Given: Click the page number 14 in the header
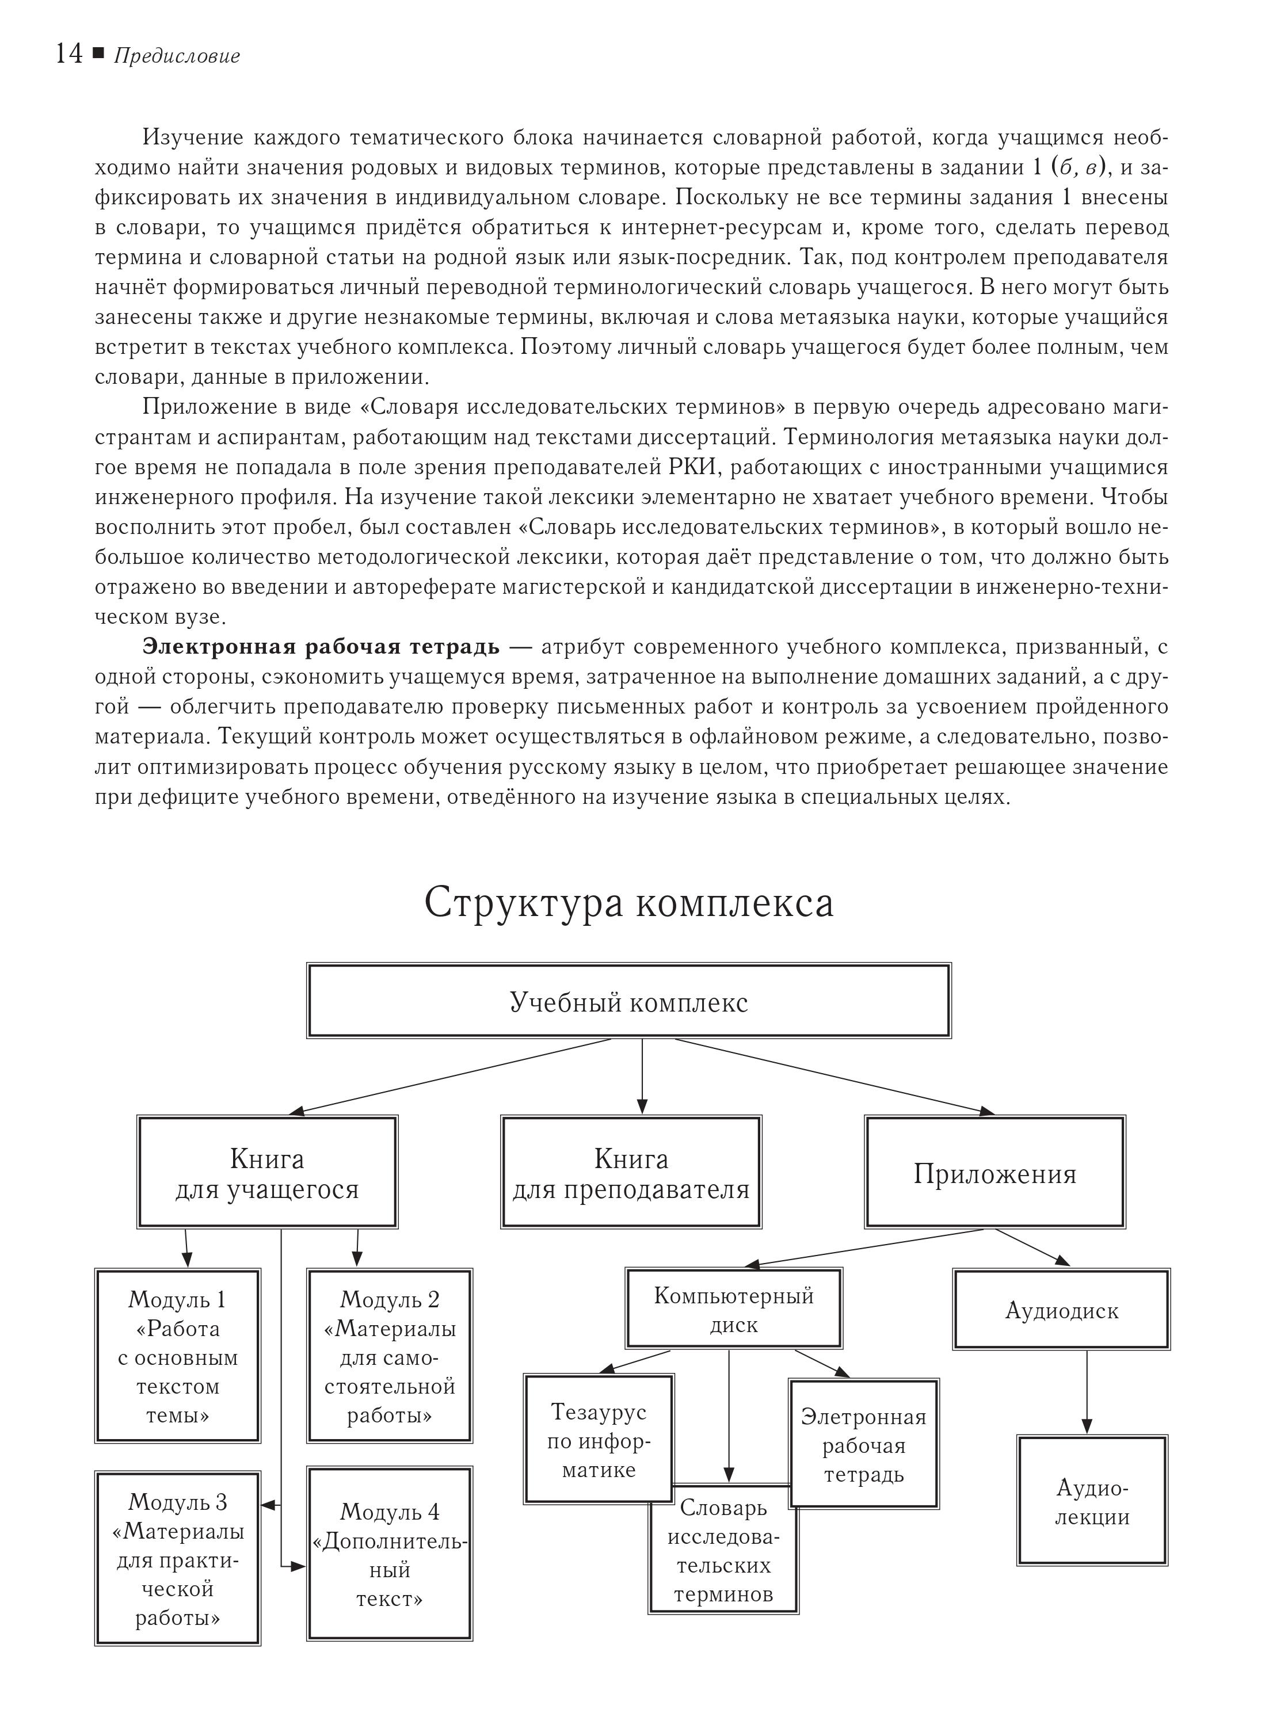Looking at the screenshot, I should point(68,55).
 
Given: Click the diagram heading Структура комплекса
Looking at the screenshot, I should point(628,903).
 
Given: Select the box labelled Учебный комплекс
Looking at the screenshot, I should point(628,1001).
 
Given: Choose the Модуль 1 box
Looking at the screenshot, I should point(178,1356).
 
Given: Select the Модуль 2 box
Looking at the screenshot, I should point(390,1356).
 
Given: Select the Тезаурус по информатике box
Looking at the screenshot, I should point(599,1440).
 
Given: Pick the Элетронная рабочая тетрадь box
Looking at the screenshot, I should point(864,1444).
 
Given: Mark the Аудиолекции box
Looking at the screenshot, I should point(1092,1501).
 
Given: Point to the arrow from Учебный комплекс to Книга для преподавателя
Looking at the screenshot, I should point(642,1076).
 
